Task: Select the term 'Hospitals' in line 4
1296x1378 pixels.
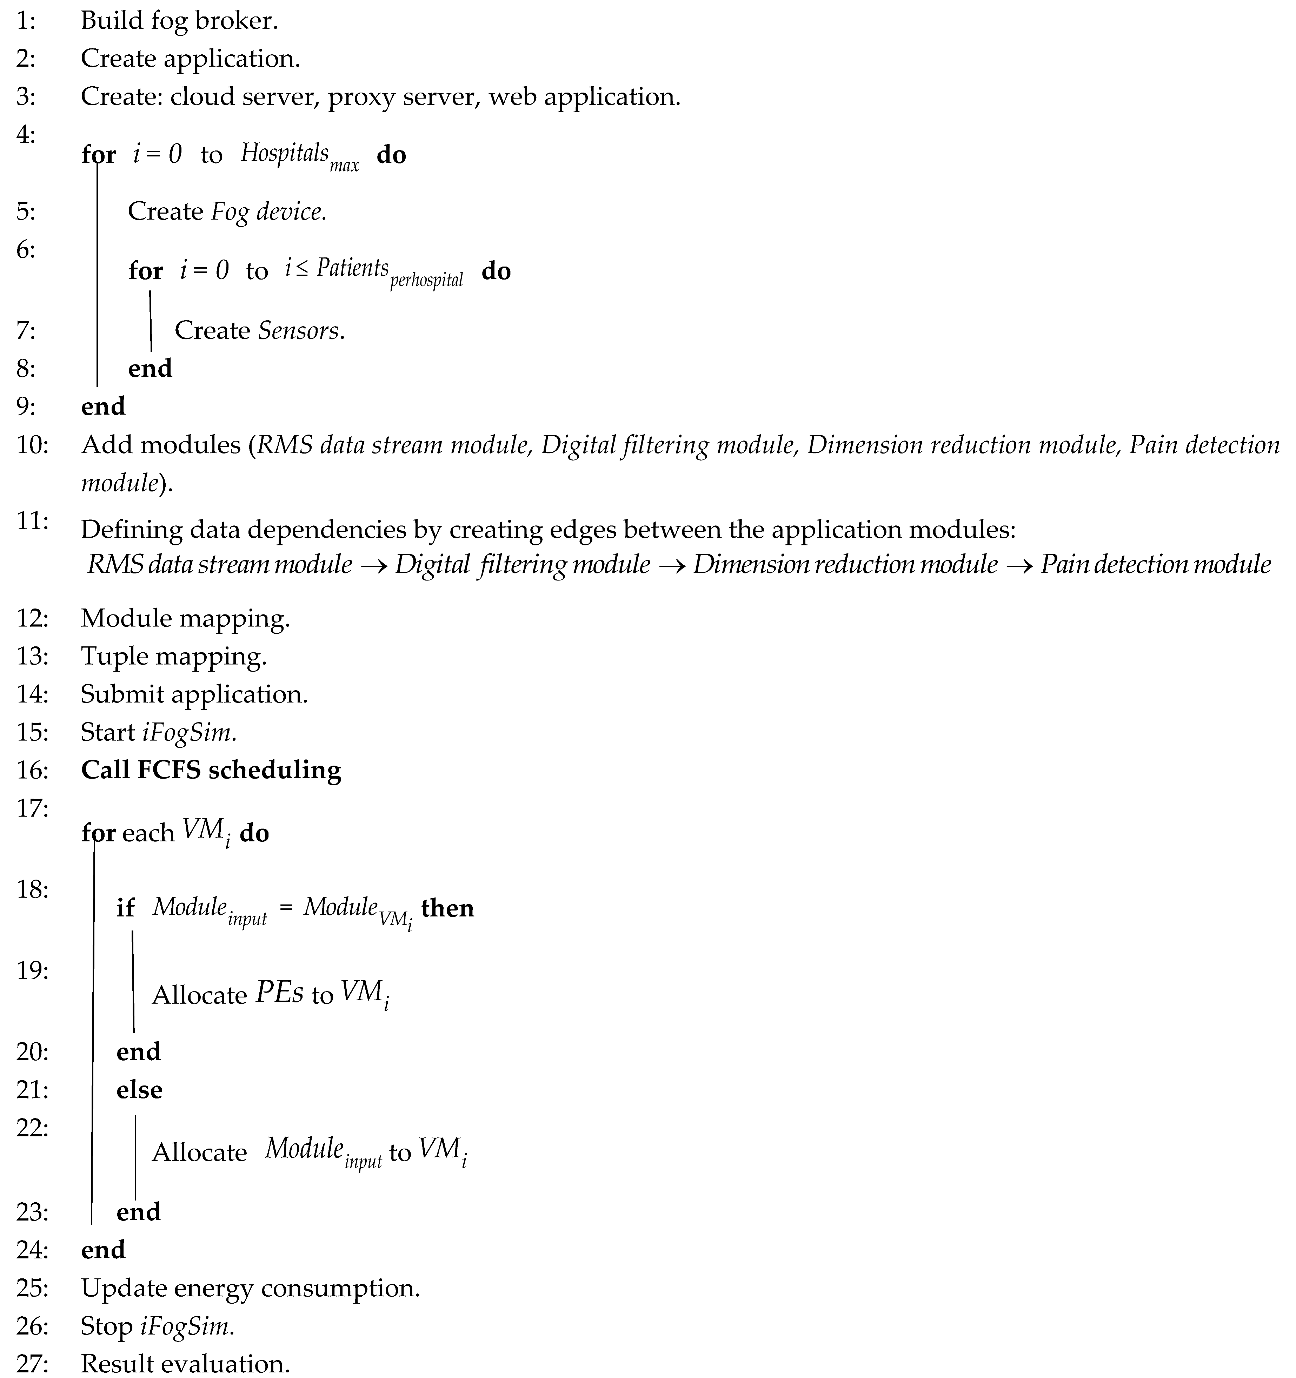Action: (x=284, y=153)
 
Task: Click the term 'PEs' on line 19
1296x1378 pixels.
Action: (x=279, y=993)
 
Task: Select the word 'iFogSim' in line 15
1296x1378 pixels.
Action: (x=187, y=733)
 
